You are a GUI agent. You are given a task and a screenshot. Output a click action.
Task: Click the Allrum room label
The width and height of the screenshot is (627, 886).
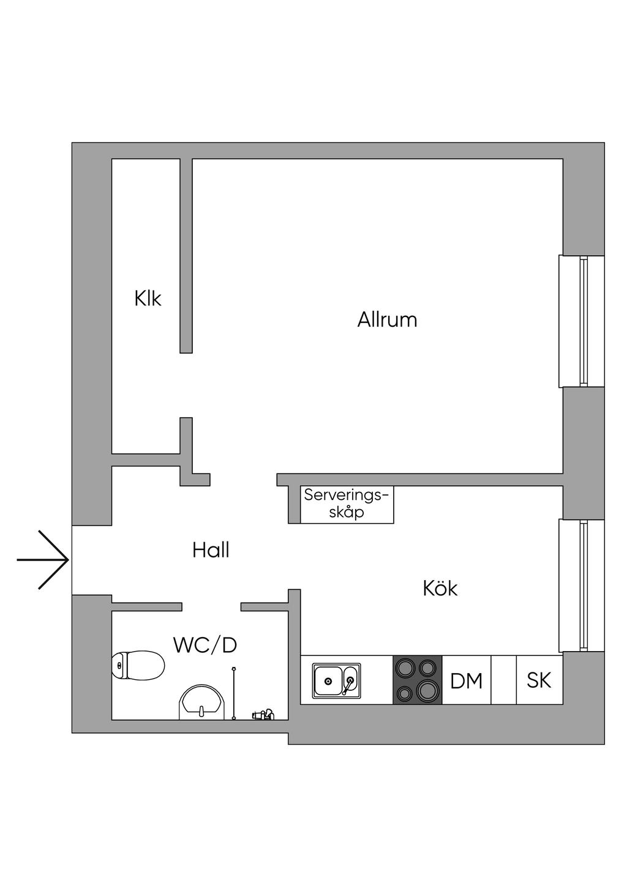(x=387, y=319)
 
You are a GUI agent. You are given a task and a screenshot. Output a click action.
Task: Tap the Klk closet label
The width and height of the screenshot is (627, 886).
(x=148, y=299)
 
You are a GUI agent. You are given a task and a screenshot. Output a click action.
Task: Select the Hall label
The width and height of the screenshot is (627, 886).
(x=211, y=550)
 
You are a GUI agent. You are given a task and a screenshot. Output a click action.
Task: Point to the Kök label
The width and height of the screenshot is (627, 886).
(x=440, y=589)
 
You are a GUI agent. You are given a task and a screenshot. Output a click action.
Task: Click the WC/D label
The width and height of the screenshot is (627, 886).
(x=205, y=645)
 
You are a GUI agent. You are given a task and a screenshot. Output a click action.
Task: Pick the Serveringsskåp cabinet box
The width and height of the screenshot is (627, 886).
(x=347, y=504)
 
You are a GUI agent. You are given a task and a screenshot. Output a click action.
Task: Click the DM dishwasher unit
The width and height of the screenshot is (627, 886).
(x=466, y=680)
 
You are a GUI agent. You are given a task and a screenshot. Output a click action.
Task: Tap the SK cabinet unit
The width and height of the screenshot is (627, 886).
(x=539, y=680)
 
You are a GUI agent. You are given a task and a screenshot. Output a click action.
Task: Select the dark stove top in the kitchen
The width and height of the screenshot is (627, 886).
(x=417, y=680)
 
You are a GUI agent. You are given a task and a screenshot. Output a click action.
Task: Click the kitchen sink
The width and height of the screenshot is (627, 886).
(x=336, y=680)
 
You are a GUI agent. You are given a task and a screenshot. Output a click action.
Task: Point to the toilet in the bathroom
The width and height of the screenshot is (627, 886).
(x=138, y=665)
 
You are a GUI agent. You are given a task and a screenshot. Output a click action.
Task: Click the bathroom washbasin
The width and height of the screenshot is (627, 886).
(x=201, y=702)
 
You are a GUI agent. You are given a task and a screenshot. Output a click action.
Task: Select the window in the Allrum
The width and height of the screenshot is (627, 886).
(x=582, y=321)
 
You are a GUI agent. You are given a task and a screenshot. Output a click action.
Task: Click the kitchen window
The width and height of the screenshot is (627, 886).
(x=582, y=586)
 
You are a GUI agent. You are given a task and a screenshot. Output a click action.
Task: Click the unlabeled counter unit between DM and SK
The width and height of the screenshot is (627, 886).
(x=503, y=680)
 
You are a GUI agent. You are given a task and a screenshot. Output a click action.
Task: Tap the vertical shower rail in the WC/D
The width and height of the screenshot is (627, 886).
(x=233, y=694)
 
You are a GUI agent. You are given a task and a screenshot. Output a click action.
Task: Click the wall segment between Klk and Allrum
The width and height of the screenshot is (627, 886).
(x=186, y=256)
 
